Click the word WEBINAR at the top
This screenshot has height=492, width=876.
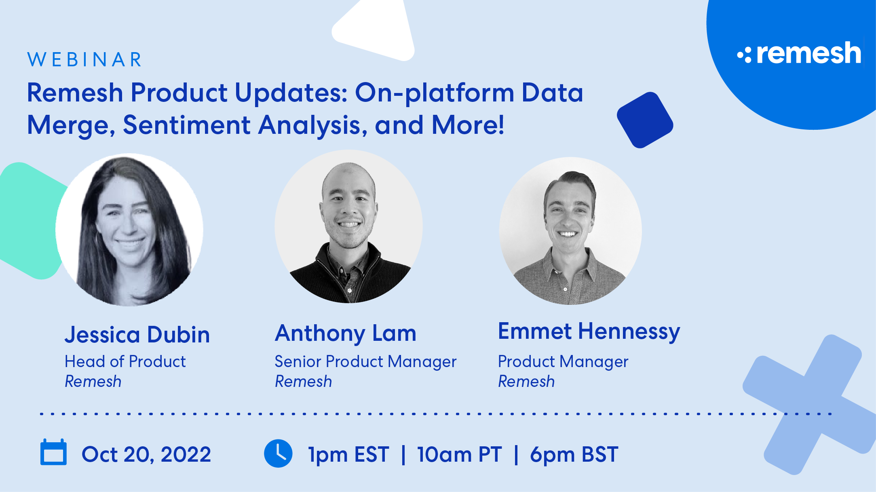click(84, 60)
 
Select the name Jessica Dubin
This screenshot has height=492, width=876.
click(137, 335)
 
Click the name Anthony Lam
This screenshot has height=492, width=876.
click(345, 334)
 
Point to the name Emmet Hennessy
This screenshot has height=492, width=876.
click(589, 332)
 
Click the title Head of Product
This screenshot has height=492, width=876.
click(125, 361)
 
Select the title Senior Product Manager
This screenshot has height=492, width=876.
click(365, 361)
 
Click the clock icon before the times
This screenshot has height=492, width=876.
click(278, 453)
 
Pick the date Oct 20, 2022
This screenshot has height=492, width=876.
click(146, 454)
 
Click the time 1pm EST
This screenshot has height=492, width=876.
click(348, 454)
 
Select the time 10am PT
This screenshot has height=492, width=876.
click(459, 454)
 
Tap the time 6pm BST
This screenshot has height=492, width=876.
click(574, 454)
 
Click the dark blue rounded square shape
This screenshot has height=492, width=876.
click(645, 120)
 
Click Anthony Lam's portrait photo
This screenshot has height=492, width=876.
click(348, 226)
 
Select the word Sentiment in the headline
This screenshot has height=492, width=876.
click(186, 125)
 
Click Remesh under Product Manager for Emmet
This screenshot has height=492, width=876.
click(526, 382)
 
